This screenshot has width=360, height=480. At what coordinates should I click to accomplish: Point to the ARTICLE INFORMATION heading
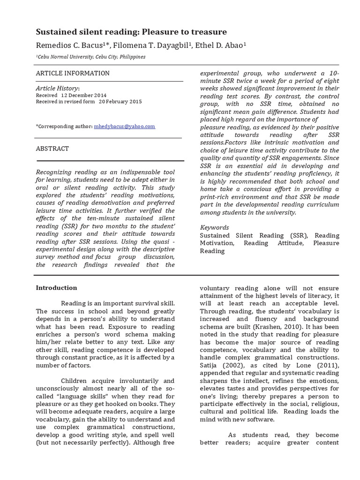[x=73, y=73]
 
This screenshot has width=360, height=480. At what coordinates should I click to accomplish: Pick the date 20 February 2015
[x=120, y=101]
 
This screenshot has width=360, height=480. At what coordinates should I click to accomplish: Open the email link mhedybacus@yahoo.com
[x=124, y=127]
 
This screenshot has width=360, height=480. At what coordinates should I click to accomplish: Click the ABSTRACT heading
[x=52, y=149]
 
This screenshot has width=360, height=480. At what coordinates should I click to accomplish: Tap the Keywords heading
[x=215, y=227]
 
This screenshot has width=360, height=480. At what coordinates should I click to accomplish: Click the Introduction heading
[x=57, y=288]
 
